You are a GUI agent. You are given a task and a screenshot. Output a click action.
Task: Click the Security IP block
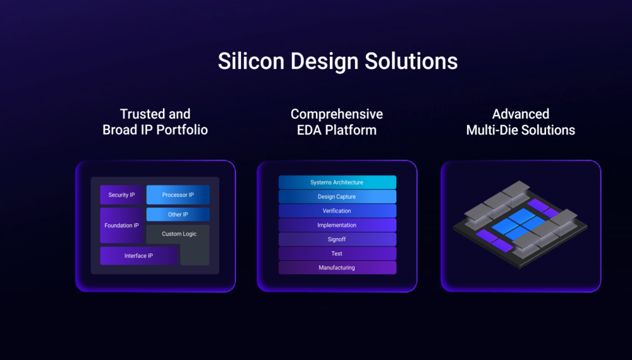click(122, 195)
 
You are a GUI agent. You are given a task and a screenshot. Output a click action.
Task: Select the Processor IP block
click(178, 195)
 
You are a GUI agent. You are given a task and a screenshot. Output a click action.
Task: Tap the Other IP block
click(178, 214)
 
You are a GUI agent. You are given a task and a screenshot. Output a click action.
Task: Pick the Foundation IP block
click(122, 225)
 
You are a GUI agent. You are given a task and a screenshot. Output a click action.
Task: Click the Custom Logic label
click(179, 234)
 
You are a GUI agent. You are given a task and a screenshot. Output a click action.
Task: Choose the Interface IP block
click(138, 256)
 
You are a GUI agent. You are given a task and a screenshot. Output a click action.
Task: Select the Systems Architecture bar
click(337, 183)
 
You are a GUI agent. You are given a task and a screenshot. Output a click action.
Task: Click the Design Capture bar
click(337, 196)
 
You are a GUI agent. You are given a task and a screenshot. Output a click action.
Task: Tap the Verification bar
click(337, 210)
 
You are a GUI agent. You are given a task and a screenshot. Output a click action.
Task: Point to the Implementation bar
click(337, 225)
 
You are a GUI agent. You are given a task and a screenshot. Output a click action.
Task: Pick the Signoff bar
click(337, 239)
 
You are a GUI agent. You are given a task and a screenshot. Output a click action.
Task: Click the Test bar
click(337, 253)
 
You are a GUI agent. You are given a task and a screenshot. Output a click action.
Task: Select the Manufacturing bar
click(337, 267)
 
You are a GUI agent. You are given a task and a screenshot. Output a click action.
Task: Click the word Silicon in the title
click(251, 61)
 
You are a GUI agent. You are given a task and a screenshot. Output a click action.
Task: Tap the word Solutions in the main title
click(411, 61)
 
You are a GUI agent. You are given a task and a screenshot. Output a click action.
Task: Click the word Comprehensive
click(337, 115)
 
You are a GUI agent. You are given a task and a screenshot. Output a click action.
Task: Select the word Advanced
click(520, 114)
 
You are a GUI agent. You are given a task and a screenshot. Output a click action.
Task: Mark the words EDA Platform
click(337, 130)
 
